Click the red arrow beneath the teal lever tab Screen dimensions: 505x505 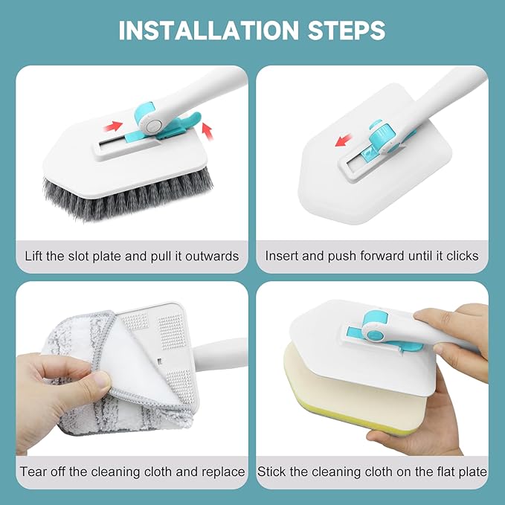208,132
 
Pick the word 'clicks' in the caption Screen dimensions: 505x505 461,256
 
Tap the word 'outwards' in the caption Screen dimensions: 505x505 213,256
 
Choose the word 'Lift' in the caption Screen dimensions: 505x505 36,256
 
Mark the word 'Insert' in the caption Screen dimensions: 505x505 282,256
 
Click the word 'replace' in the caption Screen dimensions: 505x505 221,472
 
